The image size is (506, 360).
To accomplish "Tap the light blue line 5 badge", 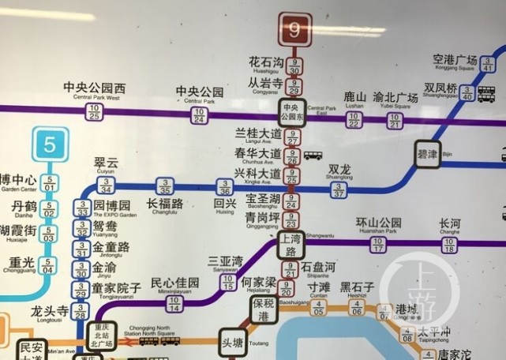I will coord(51,144).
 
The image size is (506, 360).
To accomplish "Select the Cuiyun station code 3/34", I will coord(106,186).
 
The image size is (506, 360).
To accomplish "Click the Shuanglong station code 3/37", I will coord(339,189).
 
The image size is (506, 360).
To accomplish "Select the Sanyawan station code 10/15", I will coord(228,282).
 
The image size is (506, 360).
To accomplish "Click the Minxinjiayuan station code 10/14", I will coord(174,302).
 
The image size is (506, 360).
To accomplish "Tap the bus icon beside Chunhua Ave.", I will coord(313,156).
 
